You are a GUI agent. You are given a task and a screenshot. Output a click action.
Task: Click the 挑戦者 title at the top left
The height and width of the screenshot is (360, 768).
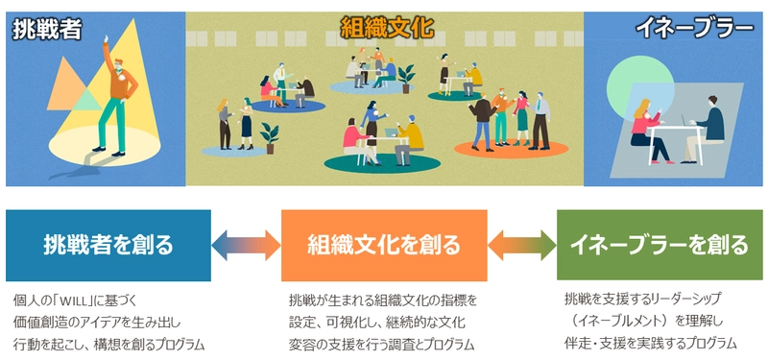pyautogui.click(x=45, y=31)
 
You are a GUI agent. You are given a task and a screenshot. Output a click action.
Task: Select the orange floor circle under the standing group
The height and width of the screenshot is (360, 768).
pyautogui.click(x=504, y=149)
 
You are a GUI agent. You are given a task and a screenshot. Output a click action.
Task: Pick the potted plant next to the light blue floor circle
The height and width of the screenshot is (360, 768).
pyautogui.click(x=408, y=72)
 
